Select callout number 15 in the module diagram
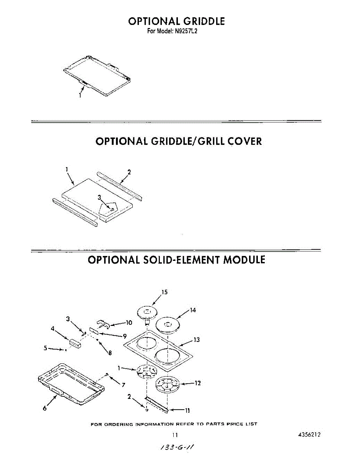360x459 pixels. coord(164,292)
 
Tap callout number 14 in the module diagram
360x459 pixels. coord(193,310)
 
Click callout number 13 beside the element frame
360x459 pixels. coord(197,340)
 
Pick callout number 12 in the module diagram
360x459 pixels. coord(197,383)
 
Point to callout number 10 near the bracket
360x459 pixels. coord(129,322)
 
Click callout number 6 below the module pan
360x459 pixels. coord(44,409)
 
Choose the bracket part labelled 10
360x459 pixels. coord(103,324)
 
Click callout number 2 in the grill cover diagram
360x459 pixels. coord(129,172)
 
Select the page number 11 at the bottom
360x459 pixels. coord(175,435)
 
